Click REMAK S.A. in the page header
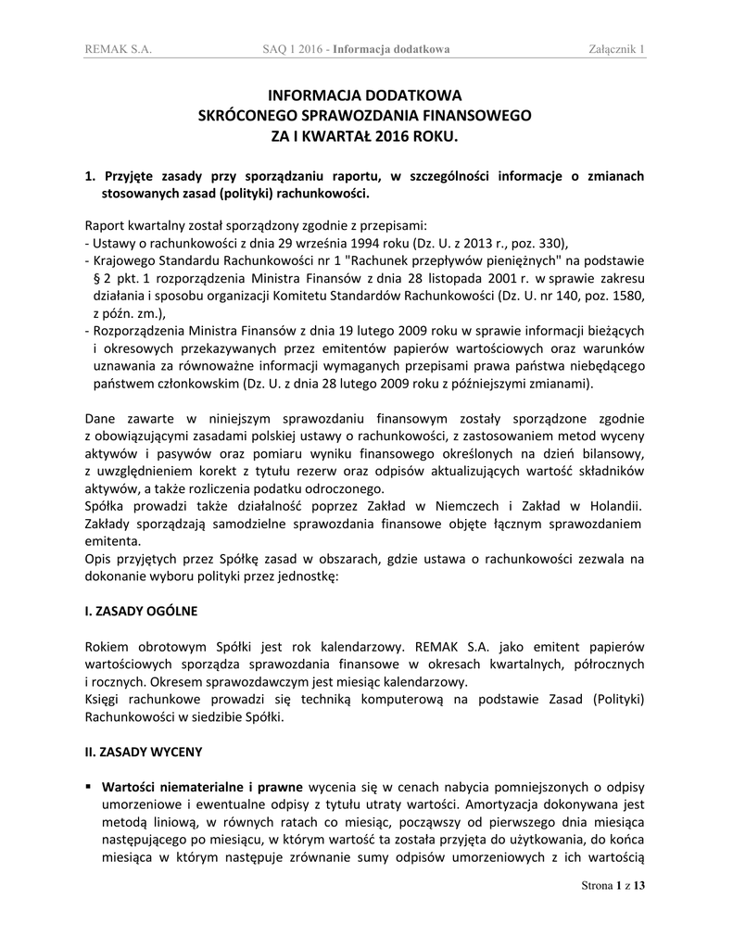coord(118,49)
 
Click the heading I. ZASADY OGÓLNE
coord(141,612)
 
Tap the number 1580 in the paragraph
coord(626,296)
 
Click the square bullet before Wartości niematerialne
coord(88,785)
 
